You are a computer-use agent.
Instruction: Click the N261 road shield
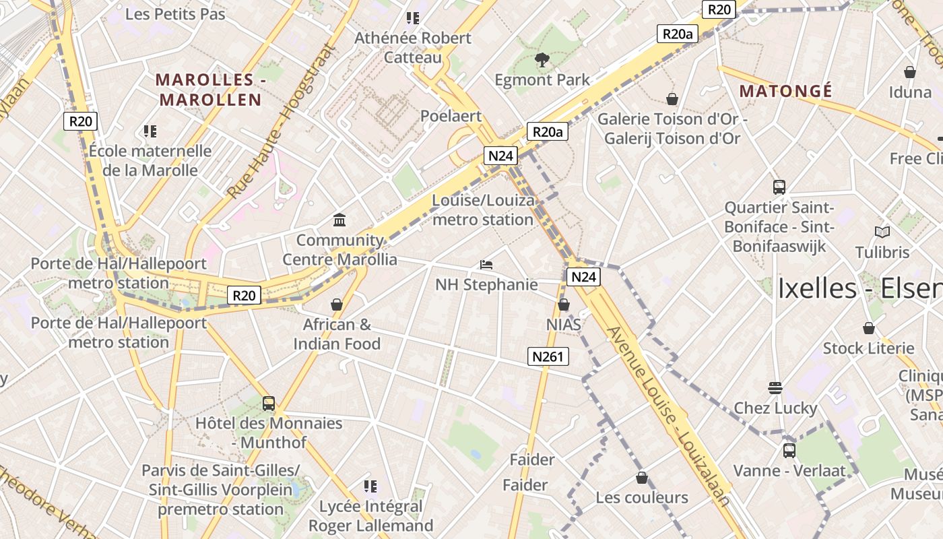[x=547, y=356]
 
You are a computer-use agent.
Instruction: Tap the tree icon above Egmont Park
[x=542, y=61]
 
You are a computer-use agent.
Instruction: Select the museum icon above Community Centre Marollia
[x=339, y=220]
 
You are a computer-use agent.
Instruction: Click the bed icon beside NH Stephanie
[x=486, y=264]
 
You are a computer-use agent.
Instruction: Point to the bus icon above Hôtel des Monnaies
[x=268, y=404]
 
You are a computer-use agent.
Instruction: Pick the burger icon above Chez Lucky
[x=775, y=387]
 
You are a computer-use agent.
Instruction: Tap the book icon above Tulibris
[x=882, y=232]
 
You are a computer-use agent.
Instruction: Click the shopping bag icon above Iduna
[x=909, y=71]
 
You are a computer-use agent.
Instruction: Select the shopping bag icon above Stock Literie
[x=869, y=328]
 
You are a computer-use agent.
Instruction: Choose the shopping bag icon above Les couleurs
[x=642, y=478]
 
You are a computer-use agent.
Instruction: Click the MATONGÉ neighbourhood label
[x=785, y=91]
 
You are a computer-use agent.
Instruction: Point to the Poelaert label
[x=451, y=116]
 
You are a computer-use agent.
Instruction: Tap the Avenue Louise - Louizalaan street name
[x=668, y=415]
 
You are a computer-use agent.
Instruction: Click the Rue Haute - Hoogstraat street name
[x=281, y=121]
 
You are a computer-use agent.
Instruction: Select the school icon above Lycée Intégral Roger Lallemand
[x=370, y=486]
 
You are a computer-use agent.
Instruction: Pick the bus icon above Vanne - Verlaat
[x=789, y=450]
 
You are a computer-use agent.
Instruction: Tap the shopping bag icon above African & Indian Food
[x=337, y=305]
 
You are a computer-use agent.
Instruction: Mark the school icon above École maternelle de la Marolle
[x=150, y=131]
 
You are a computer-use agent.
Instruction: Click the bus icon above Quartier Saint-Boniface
[x=779, y=187]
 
